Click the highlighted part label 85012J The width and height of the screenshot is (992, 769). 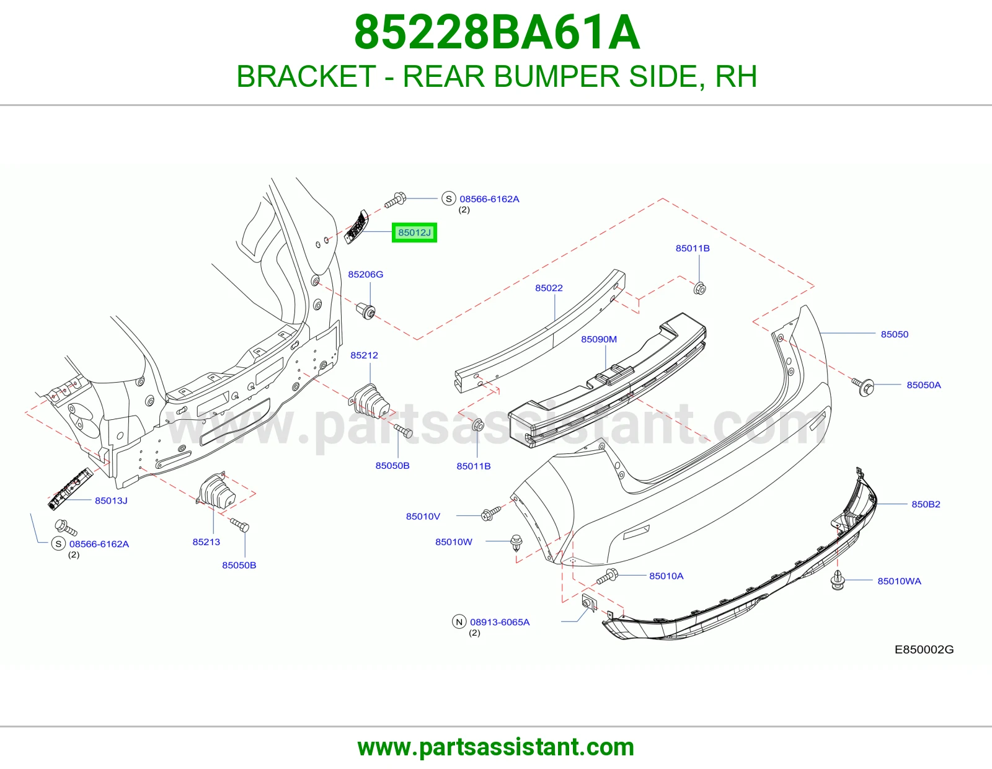click(414, 233)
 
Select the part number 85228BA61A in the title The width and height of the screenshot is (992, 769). click(497, 32)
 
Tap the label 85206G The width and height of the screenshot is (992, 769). click(366, 275)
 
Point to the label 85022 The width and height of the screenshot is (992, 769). click(549, 288)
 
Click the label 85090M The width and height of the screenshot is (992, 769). click(599, 339)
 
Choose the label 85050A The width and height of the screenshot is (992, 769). click(924, 385)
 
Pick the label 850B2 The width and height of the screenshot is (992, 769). click(926, 504)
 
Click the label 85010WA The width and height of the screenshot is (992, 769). click(900, 581)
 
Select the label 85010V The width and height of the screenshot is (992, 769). click(423, 517)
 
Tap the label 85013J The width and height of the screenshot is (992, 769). click(111, 501)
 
